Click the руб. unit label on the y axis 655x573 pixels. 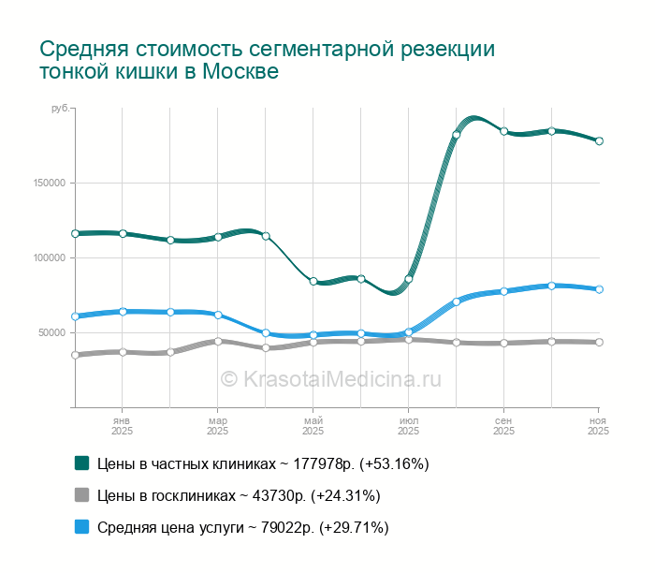(60, 110)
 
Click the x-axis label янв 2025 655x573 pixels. (122, 426)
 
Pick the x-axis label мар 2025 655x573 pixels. (217, 426)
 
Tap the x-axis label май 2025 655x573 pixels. (313, 426)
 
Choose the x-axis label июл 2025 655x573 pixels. (408, 426)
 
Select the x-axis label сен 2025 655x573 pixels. (503, 426)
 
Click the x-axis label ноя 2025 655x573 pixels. (598, 426)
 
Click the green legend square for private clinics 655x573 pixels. (82, 463)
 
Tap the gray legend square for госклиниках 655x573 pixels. (82, 495)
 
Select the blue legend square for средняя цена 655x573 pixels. (82, 528)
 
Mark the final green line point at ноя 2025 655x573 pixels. (599, 141)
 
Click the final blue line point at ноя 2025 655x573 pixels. (599, 289)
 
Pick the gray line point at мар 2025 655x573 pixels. (217, 341)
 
